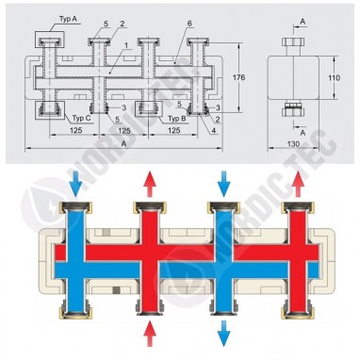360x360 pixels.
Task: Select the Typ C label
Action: [80, 120]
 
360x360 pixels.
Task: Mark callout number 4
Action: [216, 132]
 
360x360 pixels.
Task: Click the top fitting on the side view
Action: [291, 48]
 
